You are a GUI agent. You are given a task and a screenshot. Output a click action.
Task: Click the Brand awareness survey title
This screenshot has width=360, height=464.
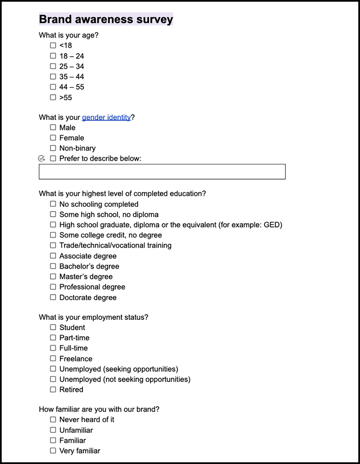[x=106, y=19]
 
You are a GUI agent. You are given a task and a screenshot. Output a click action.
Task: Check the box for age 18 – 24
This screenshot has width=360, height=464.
[x=53, y=56]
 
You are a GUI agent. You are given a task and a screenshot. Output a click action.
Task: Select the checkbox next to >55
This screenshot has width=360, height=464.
[x=53, y=97]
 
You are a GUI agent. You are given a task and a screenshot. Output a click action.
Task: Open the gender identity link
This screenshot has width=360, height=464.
[x=106, y=117]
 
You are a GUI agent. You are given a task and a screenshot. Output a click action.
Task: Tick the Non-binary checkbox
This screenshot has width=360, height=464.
[x=53, y=148]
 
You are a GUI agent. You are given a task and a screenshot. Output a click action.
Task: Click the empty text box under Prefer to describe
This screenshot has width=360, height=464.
[x=162, y=172]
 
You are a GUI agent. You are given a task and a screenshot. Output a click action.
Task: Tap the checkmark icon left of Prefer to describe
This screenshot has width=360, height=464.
[x=41, y=158]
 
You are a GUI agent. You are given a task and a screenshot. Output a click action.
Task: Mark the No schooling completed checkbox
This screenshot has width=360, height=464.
[x=53, y=204]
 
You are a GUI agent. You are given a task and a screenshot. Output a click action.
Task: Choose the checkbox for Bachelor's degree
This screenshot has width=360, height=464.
[x=53, y=266]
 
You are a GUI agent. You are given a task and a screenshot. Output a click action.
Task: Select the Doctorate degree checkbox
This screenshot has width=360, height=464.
[x=53, y=297]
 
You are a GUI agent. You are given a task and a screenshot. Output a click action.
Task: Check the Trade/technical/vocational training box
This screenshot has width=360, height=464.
[x=53, y=245]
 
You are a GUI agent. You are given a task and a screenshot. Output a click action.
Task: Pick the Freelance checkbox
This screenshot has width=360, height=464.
[x=53, y=358]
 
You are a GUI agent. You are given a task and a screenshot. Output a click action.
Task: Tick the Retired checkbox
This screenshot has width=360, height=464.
[x=53, y=389]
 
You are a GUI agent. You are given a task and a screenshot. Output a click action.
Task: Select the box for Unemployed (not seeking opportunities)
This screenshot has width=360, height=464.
[x=53, y=379]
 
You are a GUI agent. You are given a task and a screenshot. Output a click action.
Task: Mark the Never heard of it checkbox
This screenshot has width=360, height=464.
[x=53, y=420]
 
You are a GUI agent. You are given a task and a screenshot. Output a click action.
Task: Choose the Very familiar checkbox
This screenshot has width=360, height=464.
[x=53, y=451]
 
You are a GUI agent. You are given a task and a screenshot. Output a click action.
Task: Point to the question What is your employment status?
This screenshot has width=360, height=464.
[x=93, y=317]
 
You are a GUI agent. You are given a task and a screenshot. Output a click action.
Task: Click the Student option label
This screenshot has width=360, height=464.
[x=72, y=327]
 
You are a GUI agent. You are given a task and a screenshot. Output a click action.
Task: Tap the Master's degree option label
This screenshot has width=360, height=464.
[x=86, y=276]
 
